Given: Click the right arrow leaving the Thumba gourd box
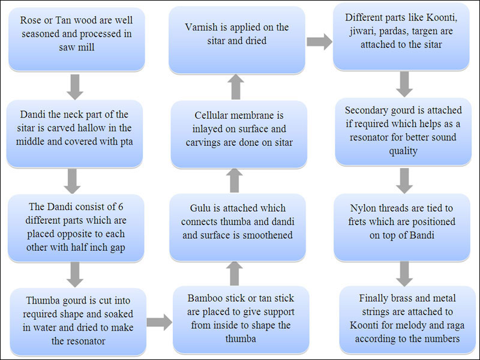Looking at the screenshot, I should click(160, 322).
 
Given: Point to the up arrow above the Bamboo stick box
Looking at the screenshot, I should click(235, 272).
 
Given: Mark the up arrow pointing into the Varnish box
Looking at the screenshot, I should click(236, 87).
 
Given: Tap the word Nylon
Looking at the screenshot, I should click(364, 208).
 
